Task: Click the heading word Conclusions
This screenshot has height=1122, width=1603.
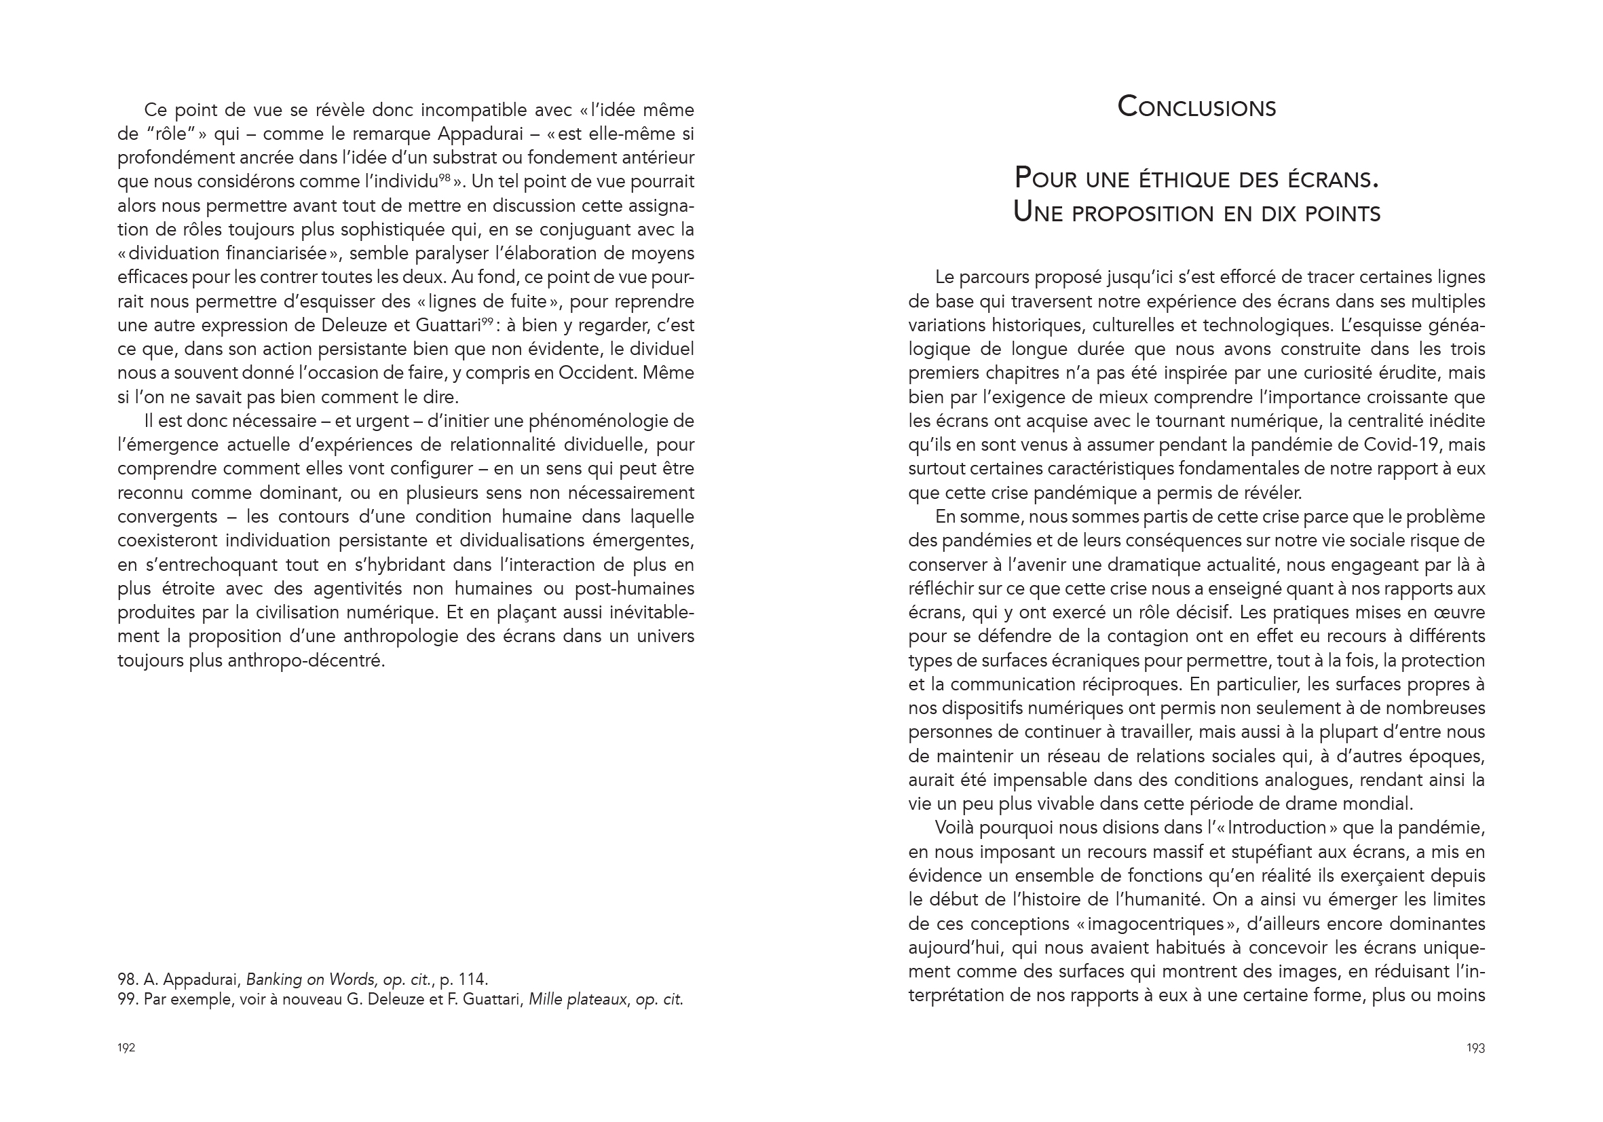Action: point(1196,107)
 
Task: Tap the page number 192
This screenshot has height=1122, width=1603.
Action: point(126,1048)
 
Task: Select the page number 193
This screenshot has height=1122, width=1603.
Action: point(1475,1048)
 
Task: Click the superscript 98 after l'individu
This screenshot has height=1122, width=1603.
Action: point(445,177)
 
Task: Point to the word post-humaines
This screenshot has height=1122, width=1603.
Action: point(634,588)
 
